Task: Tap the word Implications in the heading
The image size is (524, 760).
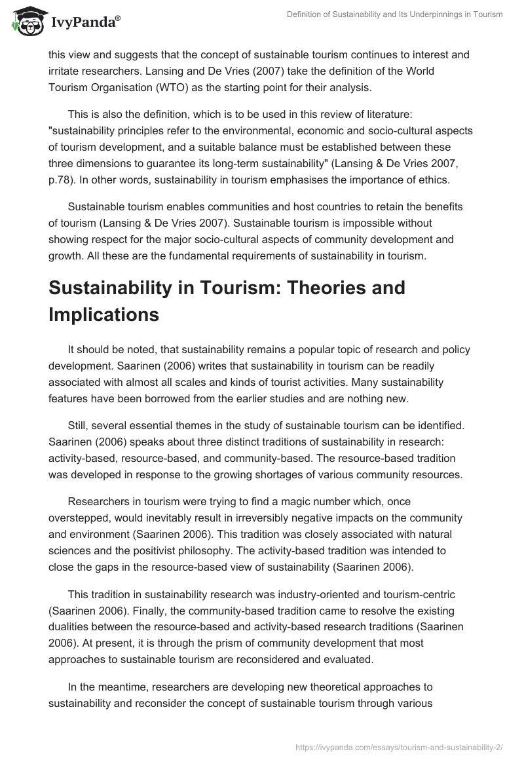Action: pos(103,314)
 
